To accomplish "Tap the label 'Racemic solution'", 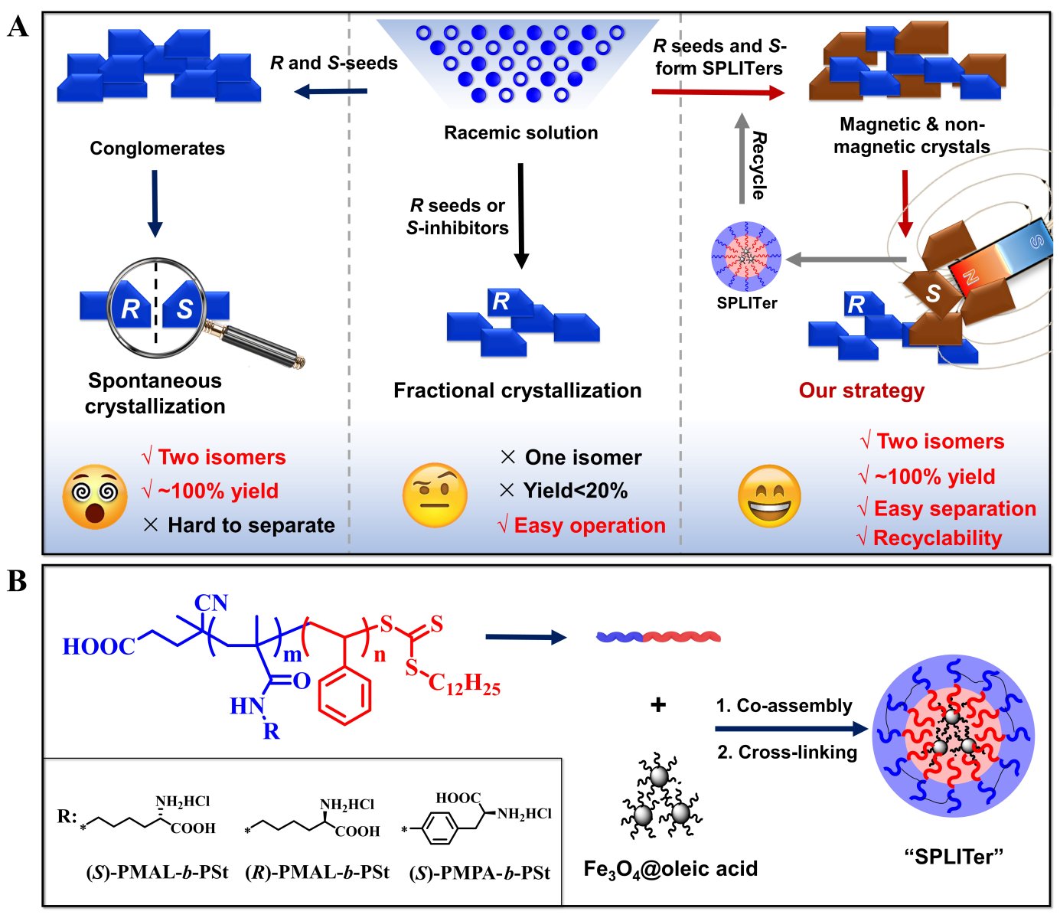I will click(x=521, y=132).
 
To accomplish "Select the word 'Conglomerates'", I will click(x=157, y=148).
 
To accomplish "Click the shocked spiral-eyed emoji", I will click(x=95, y=496).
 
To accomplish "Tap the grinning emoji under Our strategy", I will click(x=768, y=496).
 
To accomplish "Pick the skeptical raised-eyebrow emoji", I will click(x=435, y=495).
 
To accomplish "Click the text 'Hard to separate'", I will click(x=251, y=525).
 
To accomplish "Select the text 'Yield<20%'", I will click(x=575, y=491).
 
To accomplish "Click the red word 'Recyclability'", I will click(x=937, y=538).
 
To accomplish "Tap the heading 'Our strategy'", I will click(x=861, y=390).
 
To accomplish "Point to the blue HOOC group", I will click(x=98, y=647).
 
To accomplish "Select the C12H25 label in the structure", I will click(x=464, y=683).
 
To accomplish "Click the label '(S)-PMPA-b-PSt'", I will click(x=479, y=873).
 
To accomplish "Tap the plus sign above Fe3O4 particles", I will click(x=657, y=704).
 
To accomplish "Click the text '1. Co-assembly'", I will click(x=784, y=705).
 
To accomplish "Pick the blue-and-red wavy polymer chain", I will click(x=657, y=636).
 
